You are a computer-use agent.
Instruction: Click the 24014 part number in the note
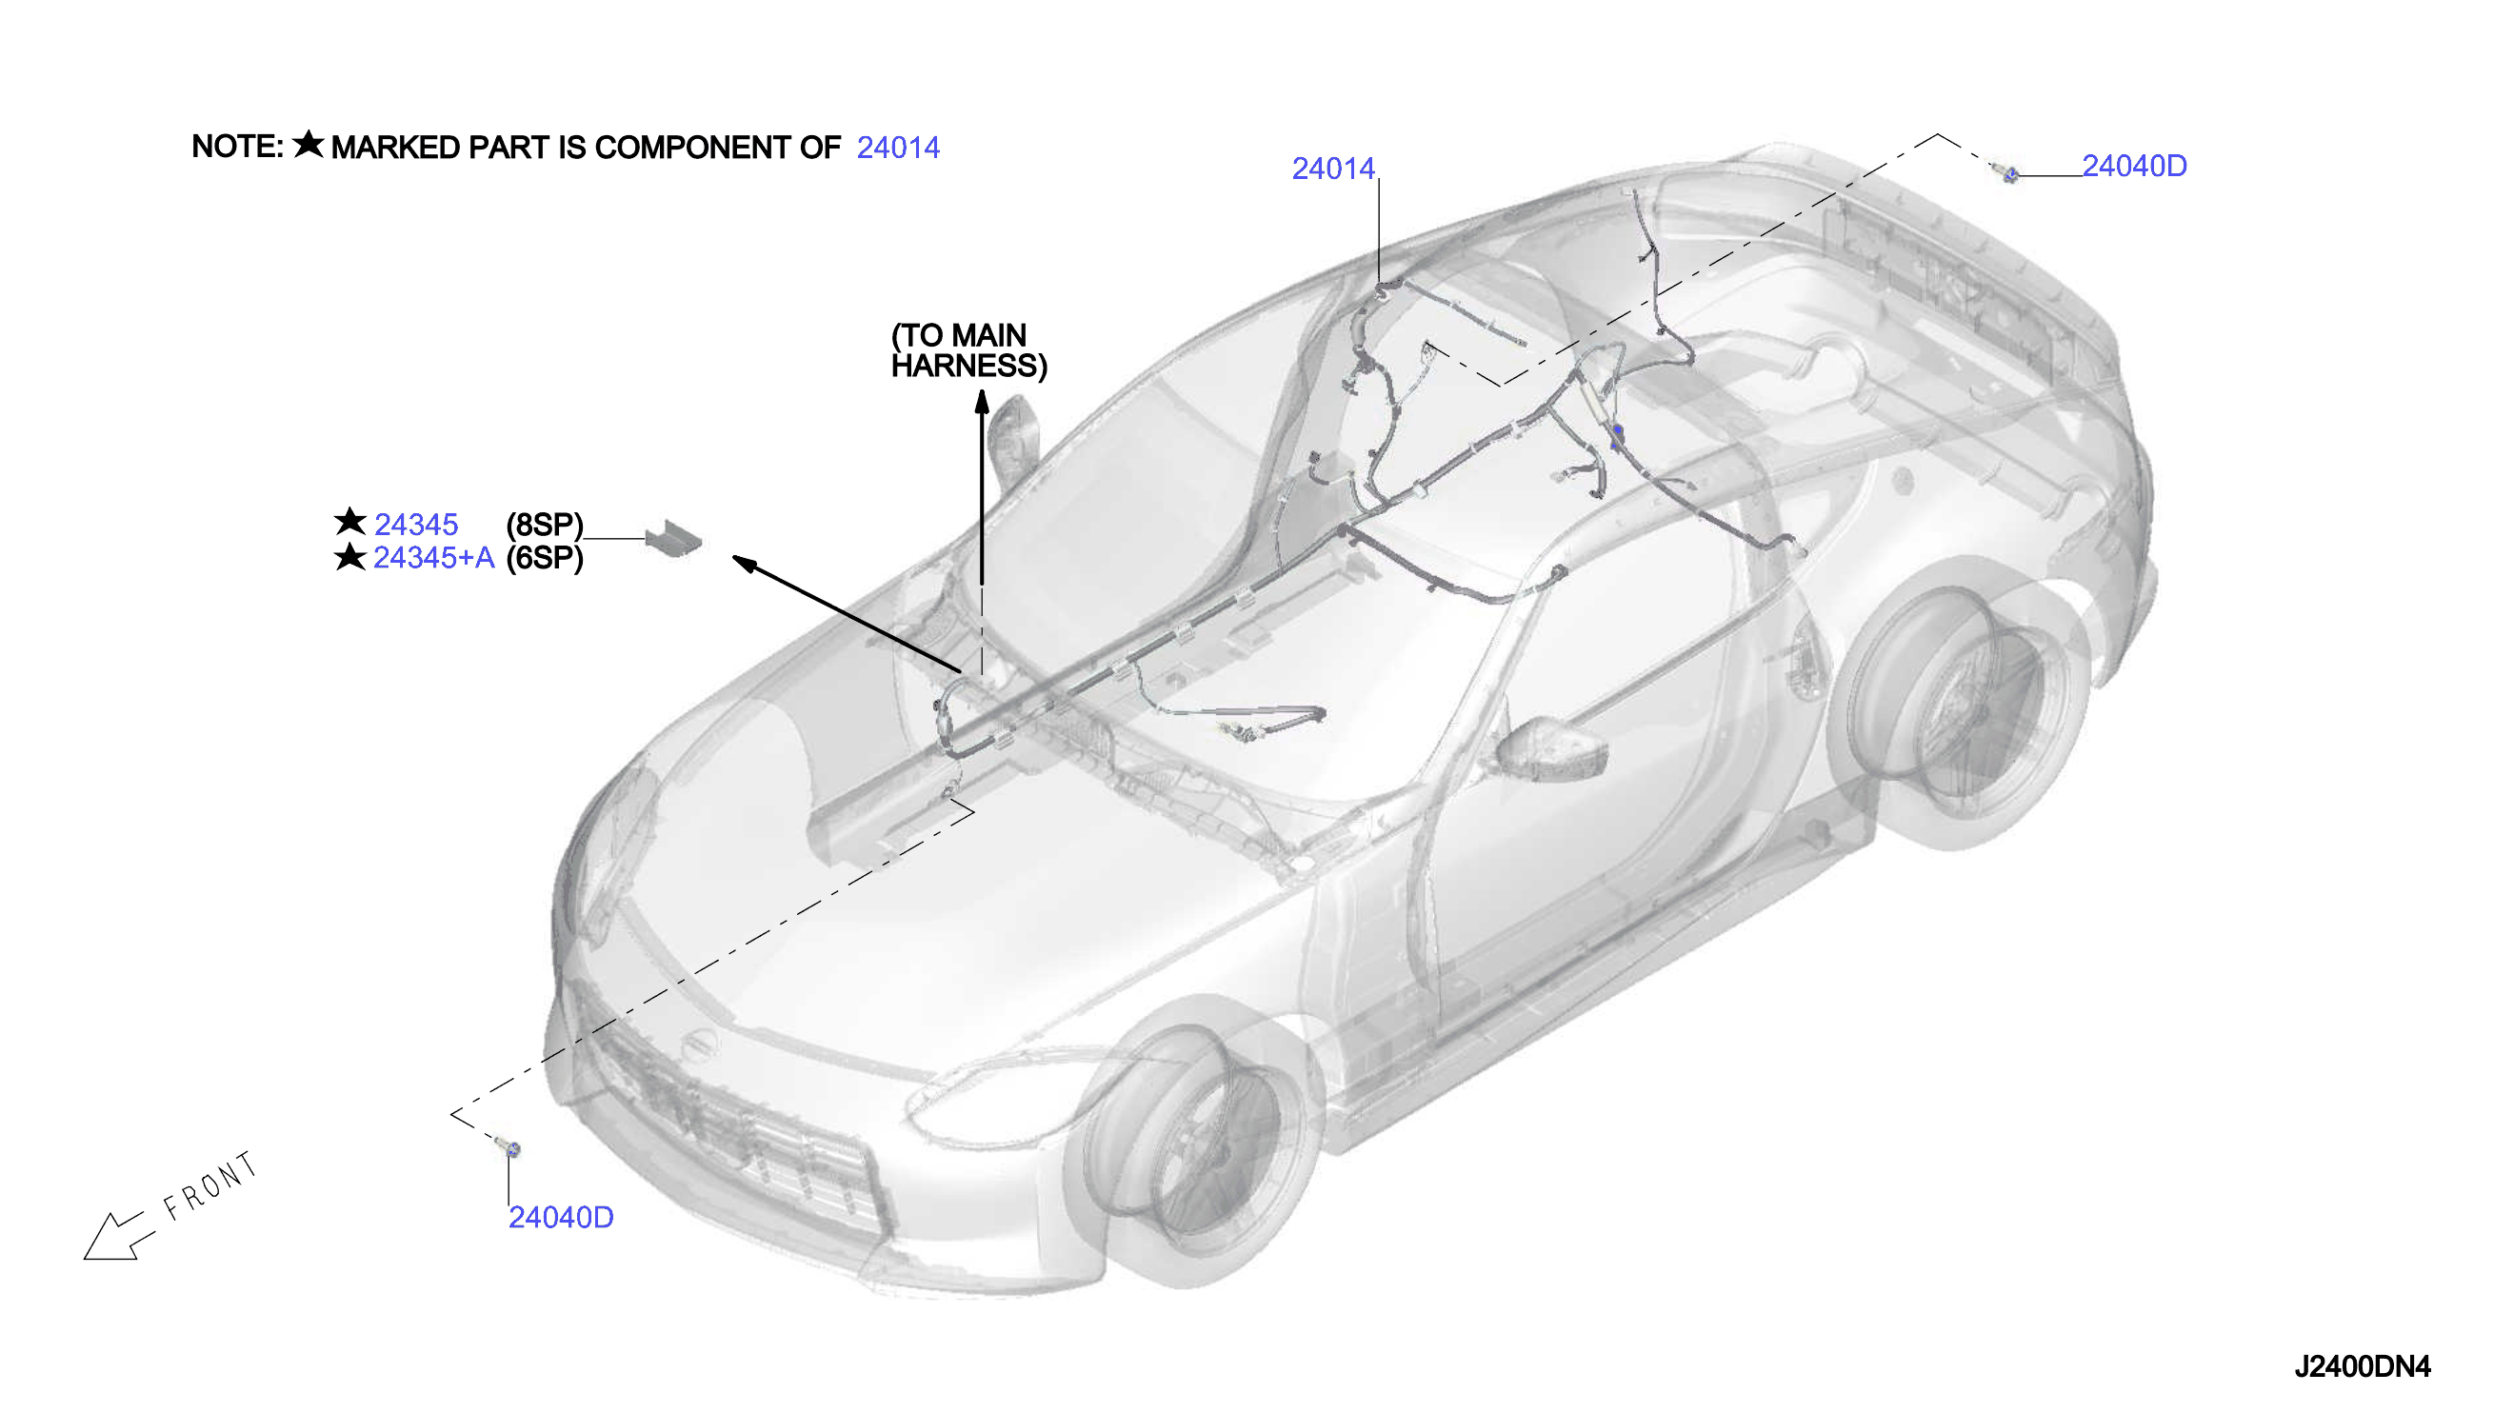point(898,148)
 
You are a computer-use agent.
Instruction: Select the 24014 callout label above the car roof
point(1333,169)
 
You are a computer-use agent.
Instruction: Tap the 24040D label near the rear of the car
point(2134,166)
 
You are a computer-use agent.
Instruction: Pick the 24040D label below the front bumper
point(561,1217)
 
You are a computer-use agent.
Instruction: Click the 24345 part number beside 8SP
point(416,525)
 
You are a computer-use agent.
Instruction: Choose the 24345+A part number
point(434,558)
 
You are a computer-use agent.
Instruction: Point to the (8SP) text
point(545,525)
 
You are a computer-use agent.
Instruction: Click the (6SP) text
point(545,558)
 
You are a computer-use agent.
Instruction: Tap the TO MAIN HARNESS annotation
point(968,350)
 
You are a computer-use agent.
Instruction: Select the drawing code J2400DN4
point(2362,1366)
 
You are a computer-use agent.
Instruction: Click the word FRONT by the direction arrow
point(210,1186)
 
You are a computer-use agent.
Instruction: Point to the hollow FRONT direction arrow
point(119,1235)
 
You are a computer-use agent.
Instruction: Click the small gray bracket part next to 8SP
point(673,539)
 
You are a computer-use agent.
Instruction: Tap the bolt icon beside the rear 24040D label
point(2006,172)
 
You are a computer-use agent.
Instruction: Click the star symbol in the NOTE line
point(309,144)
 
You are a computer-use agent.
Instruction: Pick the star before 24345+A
point(349,557)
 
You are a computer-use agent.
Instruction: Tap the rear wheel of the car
point(1961,703)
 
